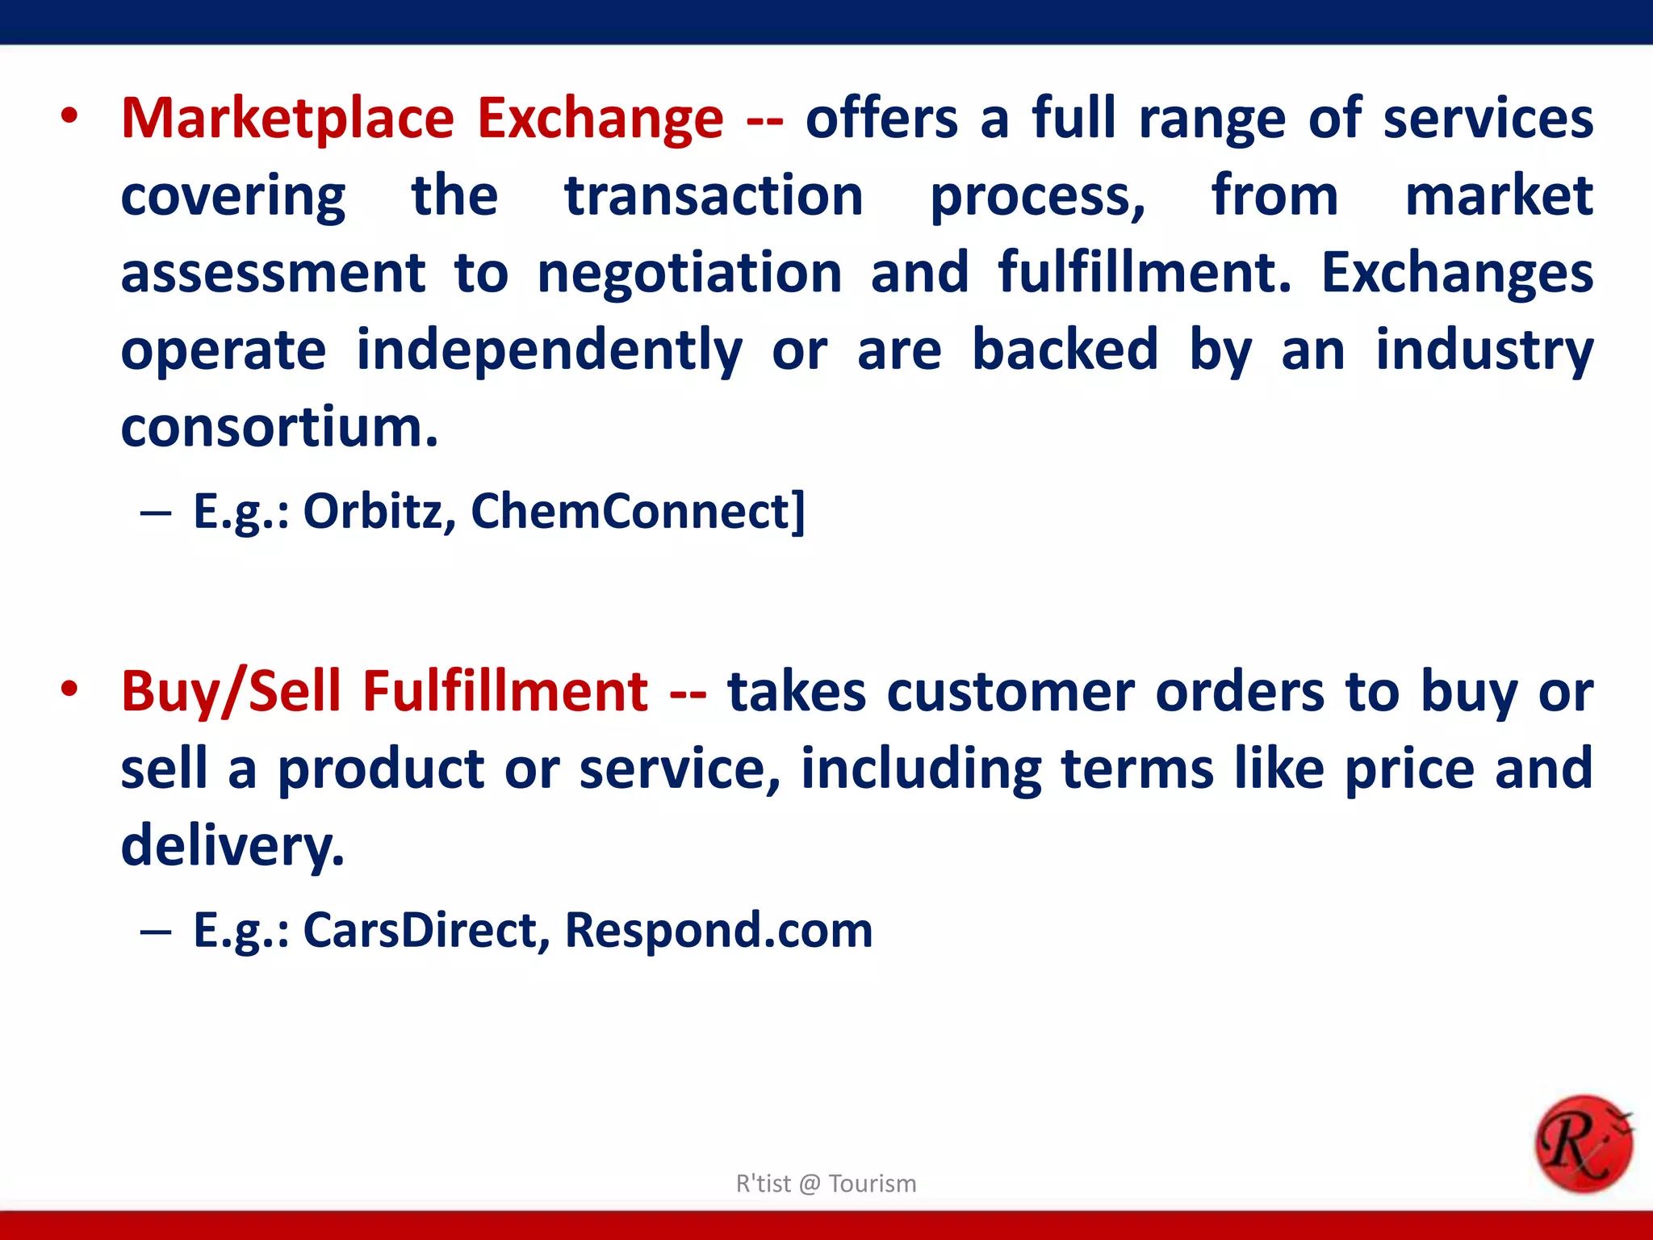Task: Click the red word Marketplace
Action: [287, 119]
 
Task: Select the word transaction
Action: [714, 195]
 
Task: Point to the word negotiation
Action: [689, 273]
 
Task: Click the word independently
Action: [549, 350]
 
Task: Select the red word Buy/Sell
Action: [231, 692]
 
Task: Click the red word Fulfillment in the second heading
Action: [504, 692]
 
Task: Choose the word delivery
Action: [232, 846]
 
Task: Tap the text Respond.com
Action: [718, 930]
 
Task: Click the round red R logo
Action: [1583, 1143]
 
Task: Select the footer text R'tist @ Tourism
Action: [826, 1183]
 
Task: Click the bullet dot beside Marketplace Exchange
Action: [69, 117]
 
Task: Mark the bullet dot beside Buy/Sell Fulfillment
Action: [69, 690]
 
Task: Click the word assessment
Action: [273, 273]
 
